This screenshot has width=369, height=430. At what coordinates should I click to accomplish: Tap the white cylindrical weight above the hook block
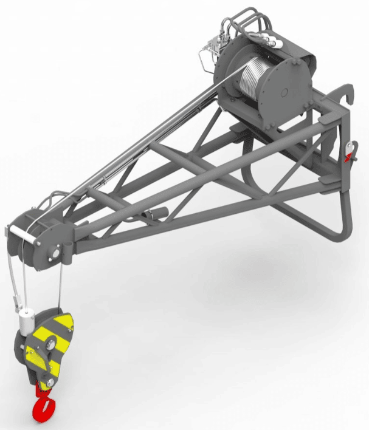click(x=26, y=320)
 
